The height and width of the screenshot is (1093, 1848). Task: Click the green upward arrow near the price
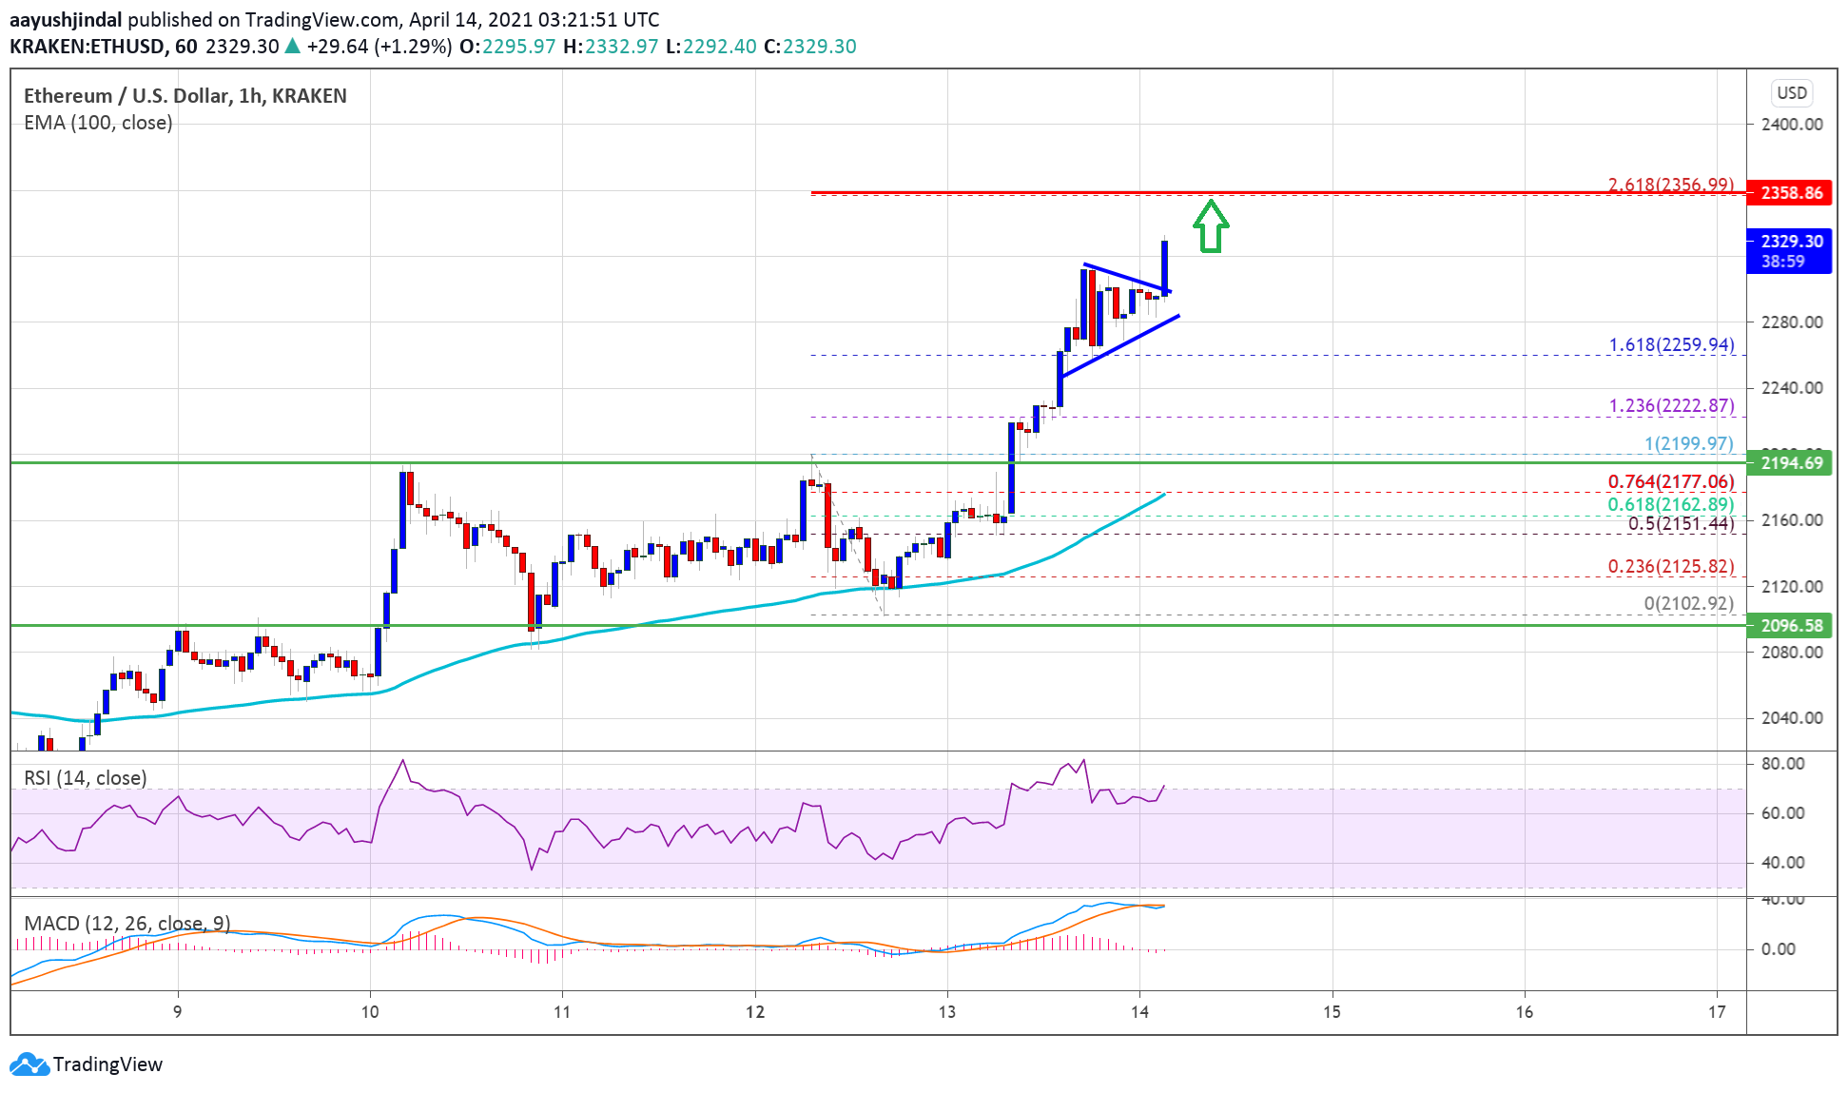coord(1211,226)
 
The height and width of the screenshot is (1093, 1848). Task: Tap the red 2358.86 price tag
coord(1791,193)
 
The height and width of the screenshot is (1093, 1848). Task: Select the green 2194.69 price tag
coord(1791,463)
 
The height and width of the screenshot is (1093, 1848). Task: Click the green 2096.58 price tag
coord(1791,626)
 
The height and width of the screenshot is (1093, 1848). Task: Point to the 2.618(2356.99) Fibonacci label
coord(1670,185)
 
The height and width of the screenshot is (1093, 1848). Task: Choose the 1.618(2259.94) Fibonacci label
coord(1670,344)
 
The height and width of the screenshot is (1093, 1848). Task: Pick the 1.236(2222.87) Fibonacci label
coord(1670,406)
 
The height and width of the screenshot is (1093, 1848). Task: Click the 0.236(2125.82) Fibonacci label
coord(1670,566)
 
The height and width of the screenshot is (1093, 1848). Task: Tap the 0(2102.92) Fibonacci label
coord(1688,603)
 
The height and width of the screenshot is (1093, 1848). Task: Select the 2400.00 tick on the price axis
coord(1791,125)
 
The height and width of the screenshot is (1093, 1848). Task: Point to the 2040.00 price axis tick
coord(1791,718)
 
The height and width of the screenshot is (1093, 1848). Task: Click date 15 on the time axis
coord(1332,1012)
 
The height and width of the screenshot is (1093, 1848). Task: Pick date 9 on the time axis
coord(178,1012)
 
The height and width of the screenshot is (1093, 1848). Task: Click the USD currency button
coord(1792,93)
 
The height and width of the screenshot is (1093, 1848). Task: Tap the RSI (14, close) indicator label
coord(86,778)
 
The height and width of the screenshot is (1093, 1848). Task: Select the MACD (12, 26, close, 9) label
coord(126,924)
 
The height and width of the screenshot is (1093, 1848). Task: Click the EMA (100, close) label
coord(98,123)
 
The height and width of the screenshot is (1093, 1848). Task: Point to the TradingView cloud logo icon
coord(29,1064)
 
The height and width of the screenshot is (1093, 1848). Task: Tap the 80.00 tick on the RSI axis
coord(1781,764)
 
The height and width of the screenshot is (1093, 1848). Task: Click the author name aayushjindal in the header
coord(66,20)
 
